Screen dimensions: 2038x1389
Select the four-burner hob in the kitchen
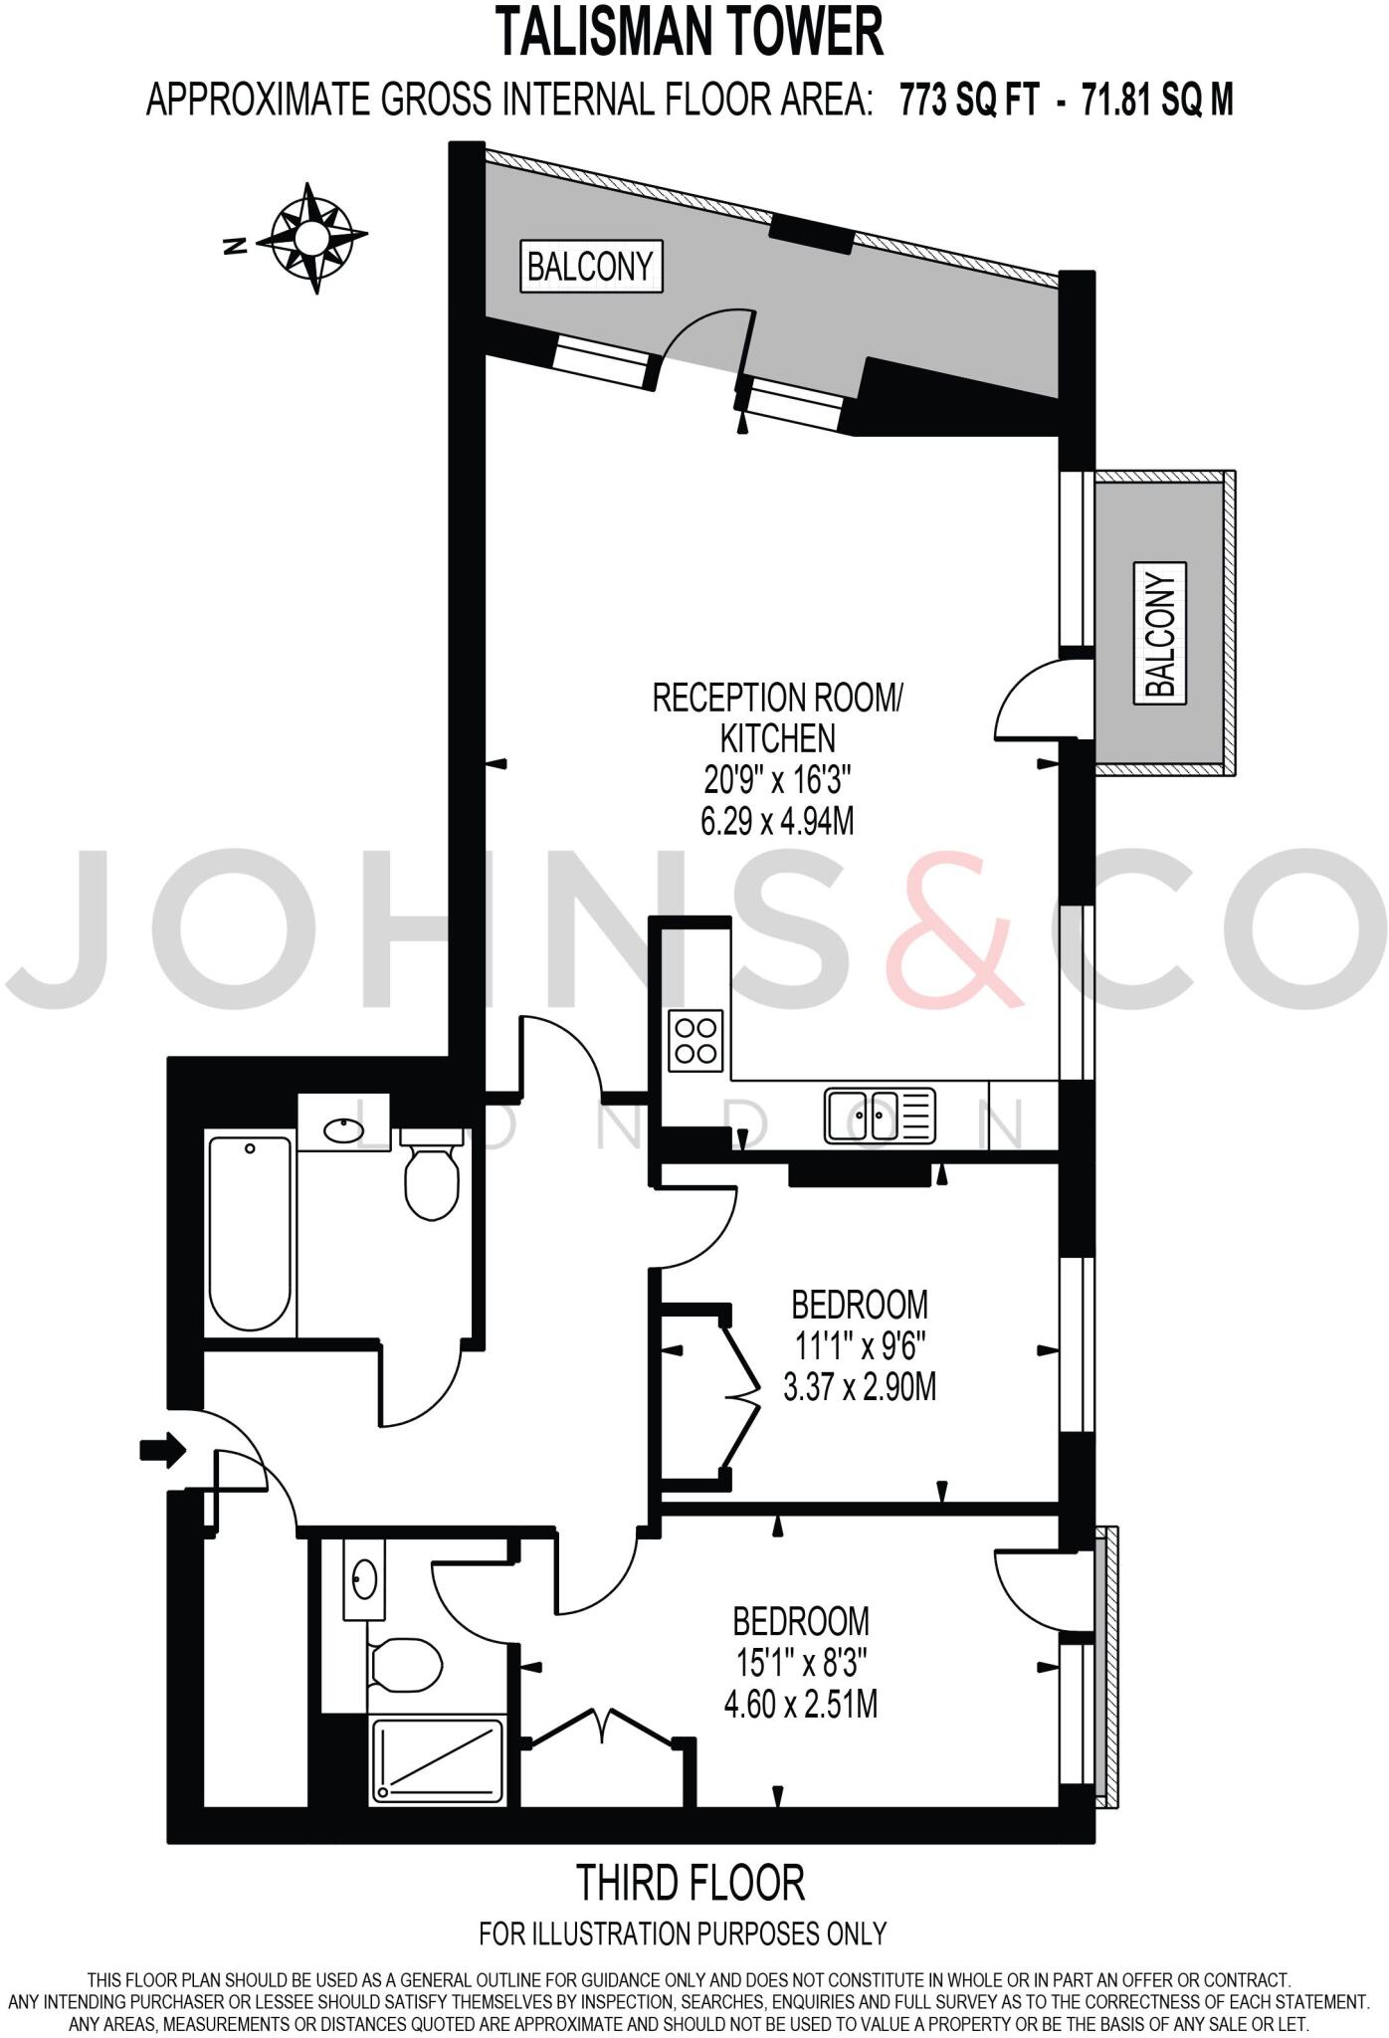[695, 1041]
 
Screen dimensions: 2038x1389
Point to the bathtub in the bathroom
[250, 1234]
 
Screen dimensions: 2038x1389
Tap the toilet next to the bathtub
[431, 1174]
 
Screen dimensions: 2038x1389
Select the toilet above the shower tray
[404, 1664]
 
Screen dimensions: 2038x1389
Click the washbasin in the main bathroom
[344, 1129]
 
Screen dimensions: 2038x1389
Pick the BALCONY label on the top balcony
[590, 267]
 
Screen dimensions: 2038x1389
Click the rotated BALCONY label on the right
[1160, 632]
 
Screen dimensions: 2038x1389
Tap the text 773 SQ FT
[969, 100]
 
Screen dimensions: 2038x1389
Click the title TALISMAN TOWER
[690, 32]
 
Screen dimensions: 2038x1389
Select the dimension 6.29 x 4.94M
[777, 822]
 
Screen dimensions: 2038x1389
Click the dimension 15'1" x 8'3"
[800, 1664]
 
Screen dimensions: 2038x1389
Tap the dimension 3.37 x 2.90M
[860, 1387]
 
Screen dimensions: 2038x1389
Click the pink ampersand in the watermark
[954, 930]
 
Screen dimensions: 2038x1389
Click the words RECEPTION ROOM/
[777, 698]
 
